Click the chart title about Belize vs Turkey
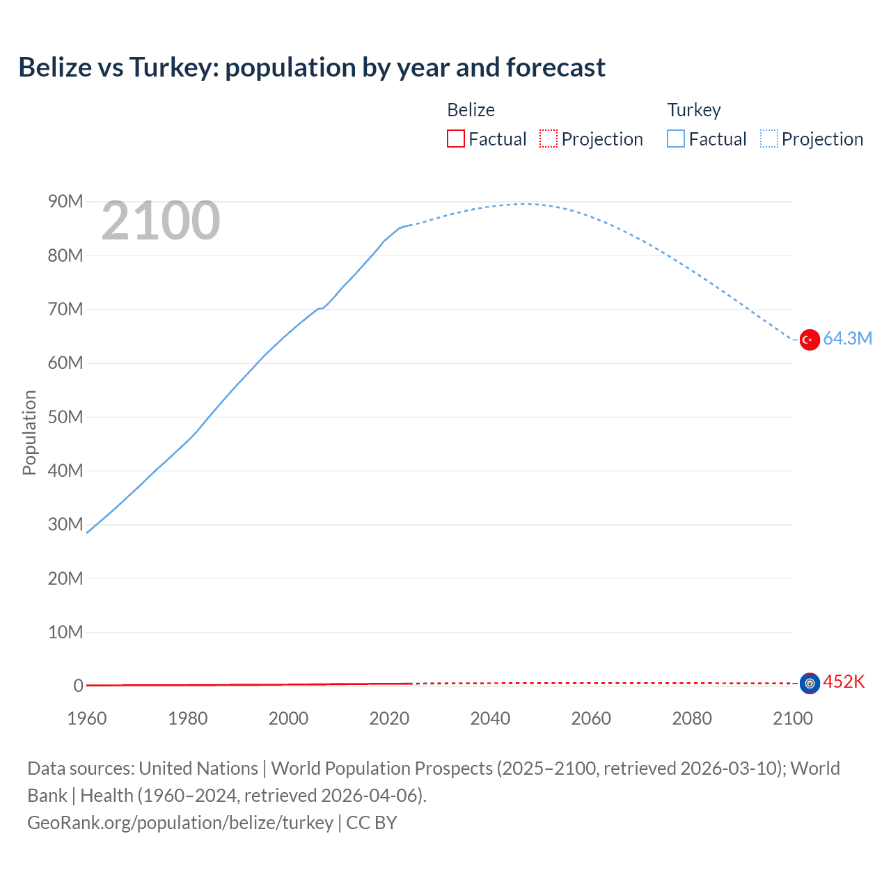click(x=312, y=68)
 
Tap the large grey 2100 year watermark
click(x=161, y=221)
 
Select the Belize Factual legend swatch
click(x=456, y=139)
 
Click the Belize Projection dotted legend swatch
click(x=549, y=139)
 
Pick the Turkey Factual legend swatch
click(x=676, y=139)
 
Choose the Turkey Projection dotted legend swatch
click(x=769, y=139)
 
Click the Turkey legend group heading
click(x=694, y=110)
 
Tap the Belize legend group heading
click(x=471, y=110)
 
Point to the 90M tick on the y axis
click(x=65, y=202)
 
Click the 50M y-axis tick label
click(x=65, y=417)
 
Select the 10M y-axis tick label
click(x=65, y=632)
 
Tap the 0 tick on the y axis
click(x=78, y=686)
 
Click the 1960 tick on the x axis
click(x=87, y=718)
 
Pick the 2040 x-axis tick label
click(x=490, y=718)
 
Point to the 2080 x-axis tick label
click(x=692, y=718)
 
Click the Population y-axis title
click(x=29, y=432)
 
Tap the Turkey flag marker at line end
click(x=810, y=340)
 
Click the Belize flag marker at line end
click(x=810, y=684)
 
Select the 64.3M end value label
click(x=847, y=339)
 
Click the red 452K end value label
click(x=844, y=682)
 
